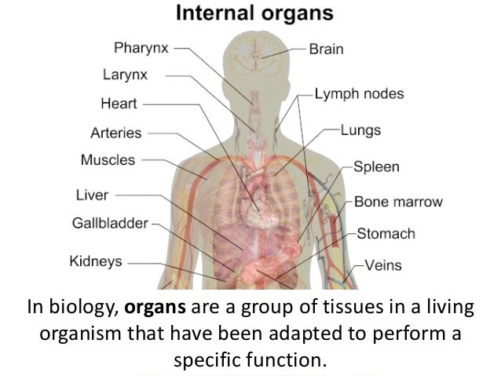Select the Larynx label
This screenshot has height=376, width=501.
(x=125, y=75)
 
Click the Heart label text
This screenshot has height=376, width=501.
(x=119, y=104)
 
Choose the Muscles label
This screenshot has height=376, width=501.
(x=108, y=160)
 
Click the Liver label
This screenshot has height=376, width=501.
(x=92, y=195)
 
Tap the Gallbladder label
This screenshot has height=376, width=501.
(x=110, y=224)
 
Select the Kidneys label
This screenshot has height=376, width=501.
(x=96, y=261)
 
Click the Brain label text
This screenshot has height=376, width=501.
(x=325, y=49)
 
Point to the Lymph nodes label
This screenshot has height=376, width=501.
(x=359, y=94)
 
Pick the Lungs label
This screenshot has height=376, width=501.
(x=360, y=130)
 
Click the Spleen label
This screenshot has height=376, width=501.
(x=376, y=166)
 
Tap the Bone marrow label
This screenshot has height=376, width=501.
(x=398, y=202)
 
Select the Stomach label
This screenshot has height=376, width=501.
(x=386, y=234)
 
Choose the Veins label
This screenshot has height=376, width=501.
(x=382, y=265)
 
